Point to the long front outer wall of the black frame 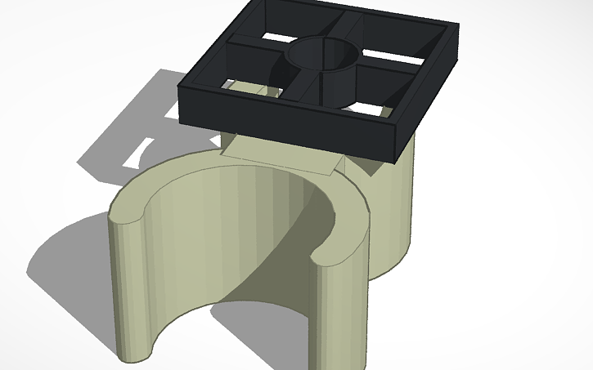coord(286,130)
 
